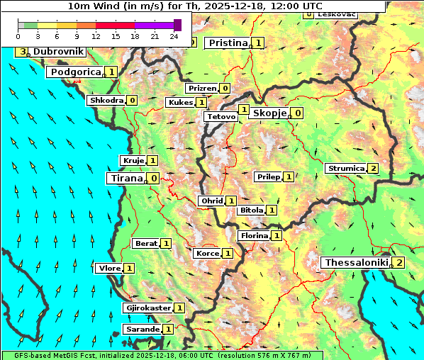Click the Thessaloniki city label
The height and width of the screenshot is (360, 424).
pos(356,263)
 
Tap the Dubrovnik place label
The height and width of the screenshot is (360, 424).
pos(58,52)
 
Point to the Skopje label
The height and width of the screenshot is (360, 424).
pos(269,113)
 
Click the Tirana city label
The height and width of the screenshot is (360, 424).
pos(125,178)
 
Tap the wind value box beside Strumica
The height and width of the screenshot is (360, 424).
pos(373,169)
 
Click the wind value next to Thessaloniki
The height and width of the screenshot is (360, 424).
pos(400,263)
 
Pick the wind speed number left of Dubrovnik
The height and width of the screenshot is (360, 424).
pos(23,52)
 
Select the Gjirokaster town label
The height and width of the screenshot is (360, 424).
pos(148,308)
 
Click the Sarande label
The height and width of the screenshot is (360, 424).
pos(142,330)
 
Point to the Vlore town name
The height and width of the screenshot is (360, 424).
pos(109,268)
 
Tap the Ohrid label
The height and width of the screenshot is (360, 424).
pos(211,201)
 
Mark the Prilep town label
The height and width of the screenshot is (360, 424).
pos(268,176)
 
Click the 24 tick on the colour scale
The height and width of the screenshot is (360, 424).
pos(174,36)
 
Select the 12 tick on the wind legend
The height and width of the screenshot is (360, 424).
pos(96,36)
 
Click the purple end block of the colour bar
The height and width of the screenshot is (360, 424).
pos(177,25)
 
